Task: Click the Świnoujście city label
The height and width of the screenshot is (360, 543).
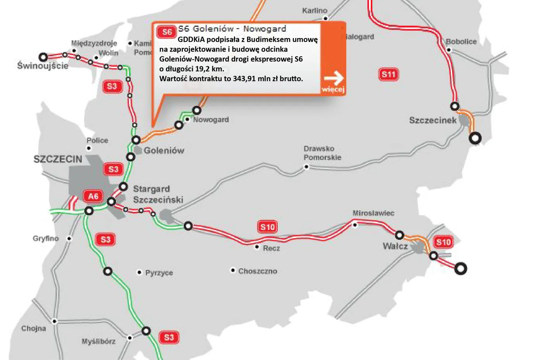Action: [x=43, y=66]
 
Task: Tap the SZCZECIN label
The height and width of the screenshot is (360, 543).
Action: [x=58, y=159]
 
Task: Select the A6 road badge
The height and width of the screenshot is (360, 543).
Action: [x=93, y=196]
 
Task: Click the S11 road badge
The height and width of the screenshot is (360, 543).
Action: [x=388, y=74]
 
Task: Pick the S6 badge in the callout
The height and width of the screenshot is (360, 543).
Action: [x=167, y=32]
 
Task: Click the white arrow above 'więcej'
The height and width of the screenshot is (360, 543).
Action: [x=334, y=78]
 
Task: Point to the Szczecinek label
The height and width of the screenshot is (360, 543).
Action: [x=433, y=120]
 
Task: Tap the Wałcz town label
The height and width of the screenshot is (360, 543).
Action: [x=395, y=246]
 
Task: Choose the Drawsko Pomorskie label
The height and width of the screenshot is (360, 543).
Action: [x=322, y=153]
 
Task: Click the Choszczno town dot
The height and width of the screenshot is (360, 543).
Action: [x=233, y=270]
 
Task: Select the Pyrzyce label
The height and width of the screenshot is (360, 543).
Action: [x=159, y=273]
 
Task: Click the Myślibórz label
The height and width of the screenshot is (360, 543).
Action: [x=99, y=341]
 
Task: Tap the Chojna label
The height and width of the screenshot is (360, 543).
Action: [x=34, y=329]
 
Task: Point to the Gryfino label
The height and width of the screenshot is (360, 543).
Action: [x=45, y=238]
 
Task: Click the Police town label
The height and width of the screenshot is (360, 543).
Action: [x=97, y=140]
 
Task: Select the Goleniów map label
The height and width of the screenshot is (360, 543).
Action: [x=164, y=151]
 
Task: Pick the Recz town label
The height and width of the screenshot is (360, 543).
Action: [x=271, y=248]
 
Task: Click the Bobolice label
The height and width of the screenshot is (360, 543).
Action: [x=461, y=42]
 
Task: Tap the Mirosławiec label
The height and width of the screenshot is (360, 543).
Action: [x=373, y=213]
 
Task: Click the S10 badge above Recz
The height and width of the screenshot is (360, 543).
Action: [x=268, y=227]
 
